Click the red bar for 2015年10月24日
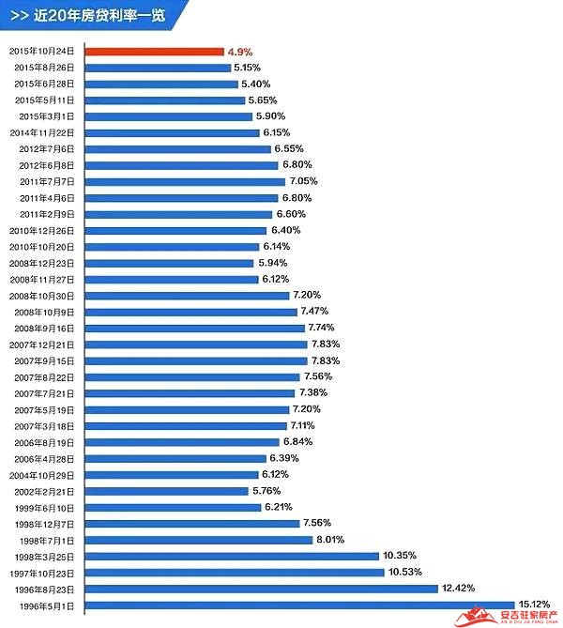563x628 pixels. (x=155, y=52)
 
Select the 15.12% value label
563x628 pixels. (x=533, y=605)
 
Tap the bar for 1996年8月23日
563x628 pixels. (x=262, y=589)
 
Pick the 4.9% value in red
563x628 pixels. (x=239, y=52)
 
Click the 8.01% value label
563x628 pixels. (x=330, y=540)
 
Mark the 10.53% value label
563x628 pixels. (x=403, y=572)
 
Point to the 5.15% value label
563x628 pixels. (x=249, y=68)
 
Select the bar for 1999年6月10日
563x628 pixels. (x=173, y=507)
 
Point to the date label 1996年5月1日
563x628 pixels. (x=51, y=605)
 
